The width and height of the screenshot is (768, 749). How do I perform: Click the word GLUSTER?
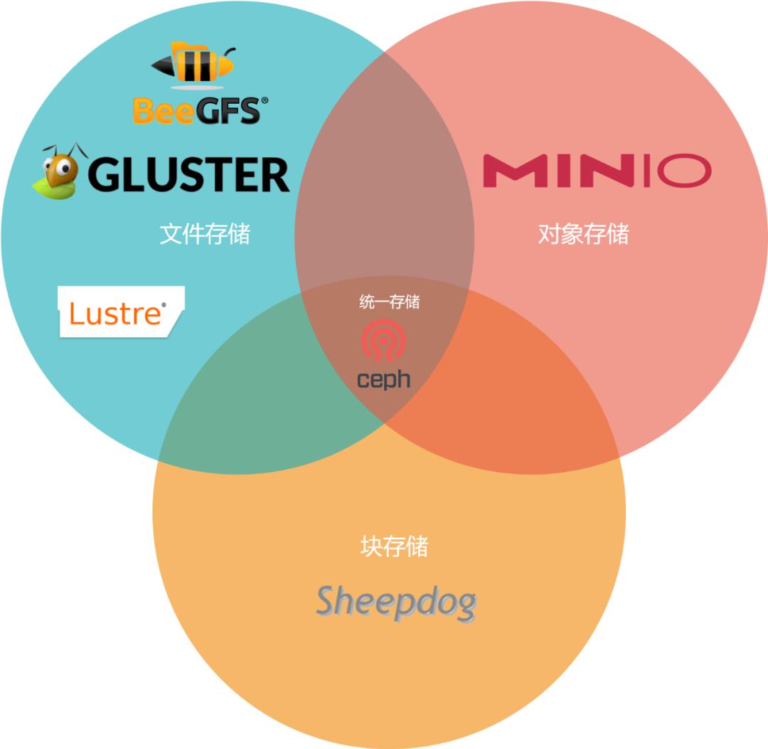coord(188,175)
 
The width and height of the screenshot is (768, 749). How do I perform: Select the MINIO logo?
coord(597,171)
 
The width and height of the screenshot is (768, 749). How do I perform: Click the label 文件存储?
coord(205,234)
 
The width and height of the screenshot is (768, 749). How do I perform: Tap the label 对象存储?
coord(583,234)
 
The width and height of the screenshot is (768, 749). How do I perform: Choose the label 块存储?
coord(394,546)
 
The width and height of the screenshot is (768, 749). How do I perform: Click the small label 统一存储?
coord(390,302)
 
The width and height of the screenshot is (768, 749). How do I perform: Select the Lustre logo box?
coord(120,312)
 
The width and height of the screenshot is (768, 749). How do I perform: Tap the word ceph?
coord(384,379)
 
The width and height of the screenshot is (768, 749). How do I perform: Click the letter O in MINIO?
coord(683,171)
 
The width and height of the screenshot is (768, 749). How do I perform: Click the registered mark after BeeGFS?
coord(265,101)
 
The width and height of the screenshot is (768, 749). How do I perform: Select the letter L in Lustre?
coord(75,314)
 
